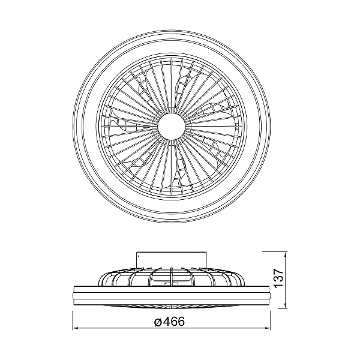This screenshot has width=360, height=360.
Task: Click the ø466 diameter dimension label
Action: tap(169, 322)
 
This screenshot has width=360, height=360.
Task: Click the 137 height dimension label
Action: tap(279, 278)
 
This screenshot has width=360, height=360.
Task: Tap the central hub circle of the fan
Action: tap(172, 126)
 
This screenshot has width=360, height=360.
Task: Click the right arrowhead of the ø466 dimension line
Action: tap(268, 328)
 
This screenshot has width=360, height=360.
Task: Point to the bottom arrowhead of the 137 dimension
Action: tap(286, 306)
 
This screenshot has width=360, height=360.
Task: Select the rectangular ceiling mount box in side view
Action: tap(171, 260)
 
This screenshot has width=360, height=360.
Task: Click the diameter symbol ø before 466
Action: tap(158, 322)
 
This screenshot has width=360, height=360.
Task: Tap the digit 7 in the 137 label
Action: tap(279, 271)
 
